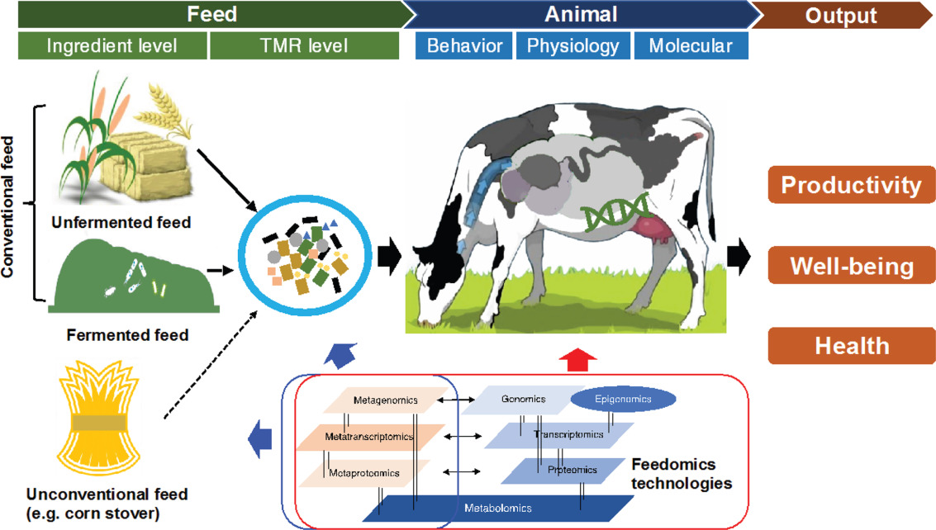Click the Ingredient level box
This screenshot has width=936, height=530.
[x=112, y=46]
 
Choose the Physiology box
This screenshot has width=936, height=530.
[x=573, y=46]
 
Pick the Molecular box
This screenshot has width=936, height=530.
[x=691, y=46]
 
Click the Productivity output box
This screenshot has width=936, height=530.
[x=851, y=185]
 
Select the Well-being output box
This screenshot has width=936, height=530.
[x=851, y=267]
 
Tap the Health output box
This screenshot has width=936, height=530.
[x=851, y=346]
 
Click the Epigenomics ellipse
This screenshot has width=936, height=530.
[x=624, y=400]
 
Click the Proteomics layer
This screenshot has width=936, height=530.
[x=562, y=471]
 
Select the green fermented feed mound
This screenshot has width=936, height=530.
[x=132, y=277]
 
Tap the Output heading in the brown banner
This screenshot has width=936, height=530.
[x=840, y=14]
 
